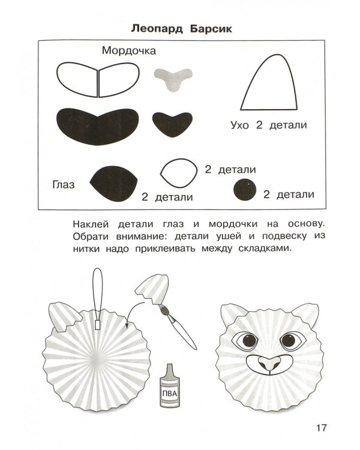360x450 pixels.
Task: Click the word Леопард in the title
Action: (x=157, y=29)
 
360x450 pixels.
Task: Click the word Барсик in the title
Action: (x=211, y=29)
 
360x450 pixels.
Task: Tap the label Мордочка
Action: (x=129, y=51)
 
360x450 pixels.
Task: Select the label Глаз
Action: (x=64, y=185)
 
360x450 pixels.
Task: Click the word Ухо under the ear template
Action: (x=240, y=125)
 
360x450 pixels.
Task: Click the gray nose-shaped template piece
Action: (x=173, y=79)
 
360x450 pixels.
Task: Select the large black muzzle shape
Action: (x=98, y=126)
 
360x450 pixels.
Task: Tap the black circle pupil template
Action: (x=245, y=190)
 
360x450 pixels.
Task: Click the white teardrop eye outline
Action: (x=179, y=173)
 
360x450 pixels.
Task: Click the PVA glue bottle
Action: (x=170, y=385)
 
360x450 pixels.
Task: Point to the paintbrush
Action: (x=178, y=326)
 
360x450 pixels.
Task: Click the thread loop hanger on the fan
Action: (x=98, y=298)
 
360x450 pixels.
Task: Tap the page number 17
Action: (x=322, y=428)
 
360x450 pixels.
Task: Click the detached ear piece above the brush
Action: (x=152, y=289)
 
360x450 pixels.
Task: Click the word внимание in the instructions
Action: (x=141, y=236)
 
